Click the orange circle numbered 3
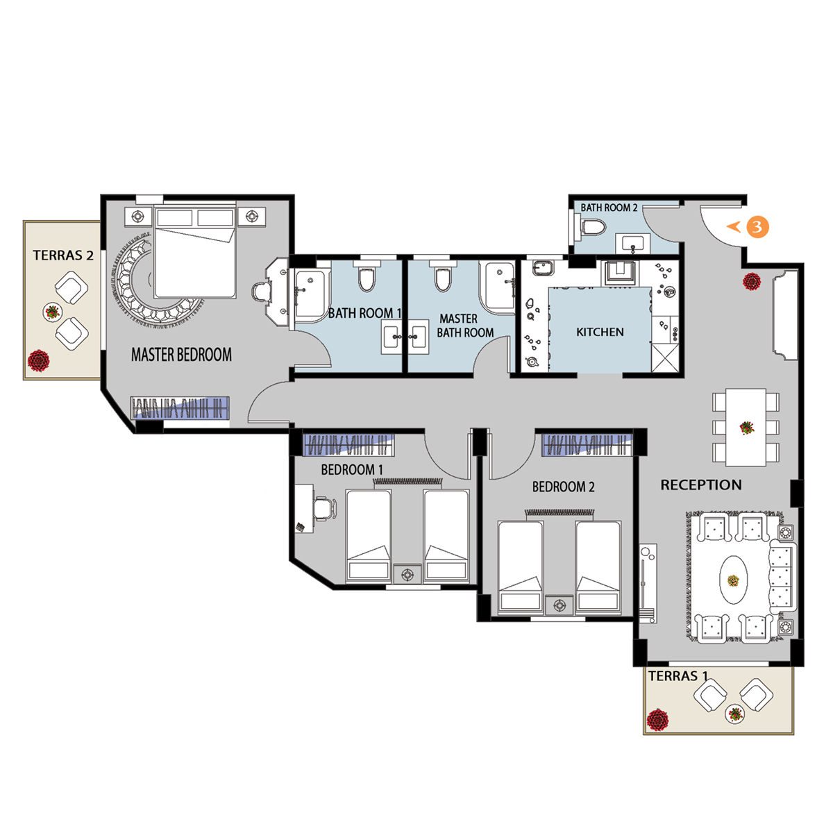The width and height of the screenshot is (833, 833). click(757, 226)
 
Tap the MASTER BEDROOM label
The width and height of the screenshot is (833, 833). click(182, 355)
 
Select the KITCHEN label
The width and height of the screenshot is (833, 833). click(600, 332)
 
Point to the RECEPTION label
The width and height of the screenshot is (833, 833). click(701, 485)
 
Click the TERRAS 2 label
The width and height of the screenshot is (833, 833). click(63, 255)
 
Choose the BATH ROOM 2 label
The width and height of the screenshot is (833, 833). click(609, 208)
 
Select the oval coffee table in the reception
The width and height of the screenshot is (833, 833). click(733, 580)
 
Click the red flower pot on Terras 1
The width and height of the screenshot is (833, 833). click(657, 720)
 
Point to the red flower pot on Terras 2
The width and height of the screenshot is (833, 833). click(38, 360)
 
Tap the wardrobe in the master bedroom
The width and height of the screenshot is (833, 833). click(180, 407)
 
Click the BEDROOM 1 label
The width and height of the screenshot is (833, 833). click(352, 470)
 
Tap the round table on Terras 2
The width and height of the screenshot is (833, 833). click(53, 312)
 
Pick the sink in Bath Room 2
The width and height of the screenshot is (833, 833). click(633, 244)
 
